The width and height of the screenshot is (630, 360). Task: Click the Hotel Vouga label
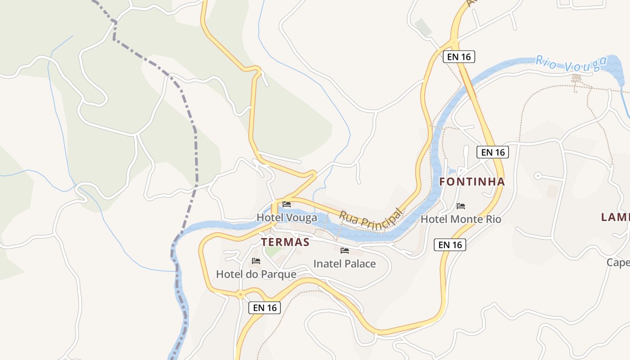(287, 218)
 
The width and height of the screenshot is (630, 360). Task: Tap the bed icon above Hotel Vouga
(287, 204)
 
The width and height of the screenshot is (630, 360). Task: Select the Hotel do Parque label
(256, 274)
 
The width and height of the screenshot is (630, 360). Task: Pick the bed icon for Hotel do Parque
(256, 261)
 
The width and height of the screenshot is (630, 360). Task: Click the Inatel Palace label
(344, 264)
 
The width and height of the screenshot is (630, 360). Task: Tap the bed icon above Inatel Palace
(345, 250)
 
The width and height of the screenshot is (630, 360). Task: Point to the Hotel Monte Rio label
(461, 219)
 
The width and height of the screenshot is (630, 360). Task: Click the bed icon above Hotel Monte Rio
(461, 206)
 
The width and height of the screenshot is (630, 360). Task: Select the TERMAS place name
(285, 242)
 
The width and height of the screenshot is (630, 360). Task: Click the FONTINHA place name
(472, 182)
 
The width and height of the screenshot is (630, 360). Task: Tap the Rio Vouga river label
(568, 64)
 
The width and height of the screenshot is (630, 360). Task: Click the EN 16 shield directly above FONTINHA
(493, 152)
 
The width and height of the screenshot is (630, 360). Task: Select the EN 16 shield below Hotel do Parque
(265, 308)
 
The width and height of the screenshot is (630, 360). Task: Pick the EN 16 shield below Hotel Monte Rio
(450, 245)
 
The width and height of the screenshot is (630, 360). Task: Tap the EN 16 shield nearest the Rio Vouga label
(459, 57)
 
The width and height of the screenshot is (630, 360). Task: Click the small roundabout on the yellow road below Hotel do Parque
(241, 295)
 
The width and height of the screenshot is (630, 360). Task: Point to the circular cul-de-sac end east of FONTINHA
(537, 175)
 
